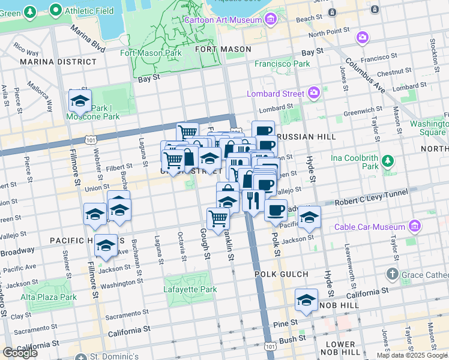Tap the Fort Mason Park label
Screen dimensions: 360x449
(151, 53)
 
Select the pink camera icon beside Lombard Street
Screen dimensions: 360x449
(313, 92)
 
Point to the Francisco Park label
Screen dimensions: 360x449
(282, 64)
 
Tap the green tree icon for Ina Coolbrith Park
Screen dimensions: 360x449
(388, 160)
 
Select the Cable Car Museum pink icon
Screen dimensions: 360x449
(414, 226)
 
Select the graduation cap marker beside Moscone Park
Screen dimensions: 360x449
(80, 102)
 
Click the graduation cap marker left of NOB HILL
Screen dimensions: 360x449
(306, 301)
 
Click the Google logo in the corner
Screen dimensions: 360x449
(19, 353)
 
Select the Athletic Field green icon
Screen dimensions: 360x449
(56, 10)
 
